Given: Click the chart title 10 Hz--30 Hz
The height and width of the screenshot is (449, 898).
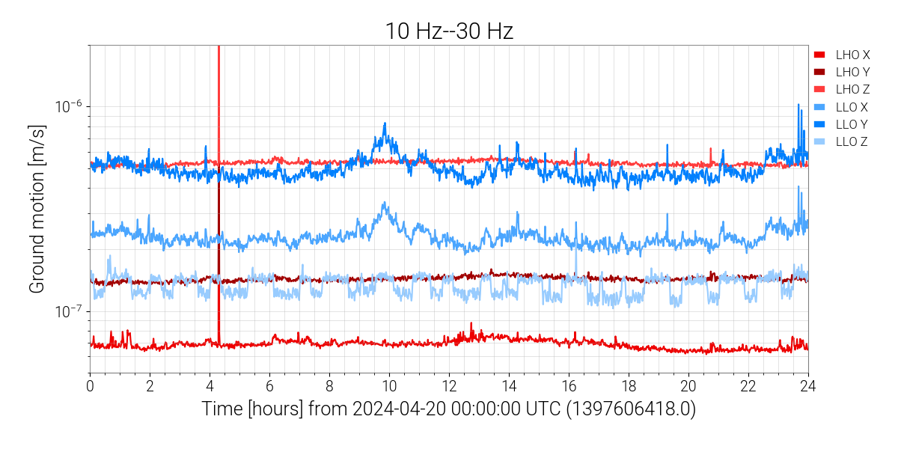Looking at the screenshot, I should (449, 31).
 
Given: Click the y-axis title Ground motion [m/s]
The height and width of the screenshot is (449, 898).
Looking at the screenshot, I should (38, 209).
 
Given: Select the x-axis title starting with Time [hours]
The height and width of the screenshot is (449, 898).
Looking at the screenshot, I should (449, 409).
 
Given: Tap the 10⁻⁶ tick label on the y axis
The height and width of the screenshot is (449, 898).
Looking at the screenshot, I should (68, 106).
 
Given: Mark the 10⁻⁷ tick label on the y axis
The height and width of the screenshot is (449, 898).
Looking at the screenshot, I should (68, 311).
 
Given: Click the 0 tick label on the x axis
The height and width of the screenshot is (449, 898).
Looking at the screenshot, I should (90, 386).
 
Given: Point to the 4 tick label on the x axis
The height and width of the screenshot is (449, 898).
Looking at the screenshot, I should (210, 386).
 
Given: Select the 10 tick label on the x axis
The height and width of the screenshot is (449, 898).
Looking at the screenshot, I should (389, 386).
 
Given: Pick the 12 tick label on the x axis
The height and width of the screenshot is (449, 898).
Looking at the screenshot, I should (449, 386).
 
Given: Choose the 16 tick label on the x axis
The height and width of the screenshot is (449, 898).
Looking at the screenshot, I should (569, 386).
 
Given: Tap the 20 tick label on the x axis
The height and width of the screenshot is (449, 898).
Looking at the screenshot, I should (688, 386).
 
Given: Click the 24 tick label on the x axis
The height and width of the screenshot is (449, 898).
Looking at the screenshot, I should (808, 386).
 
